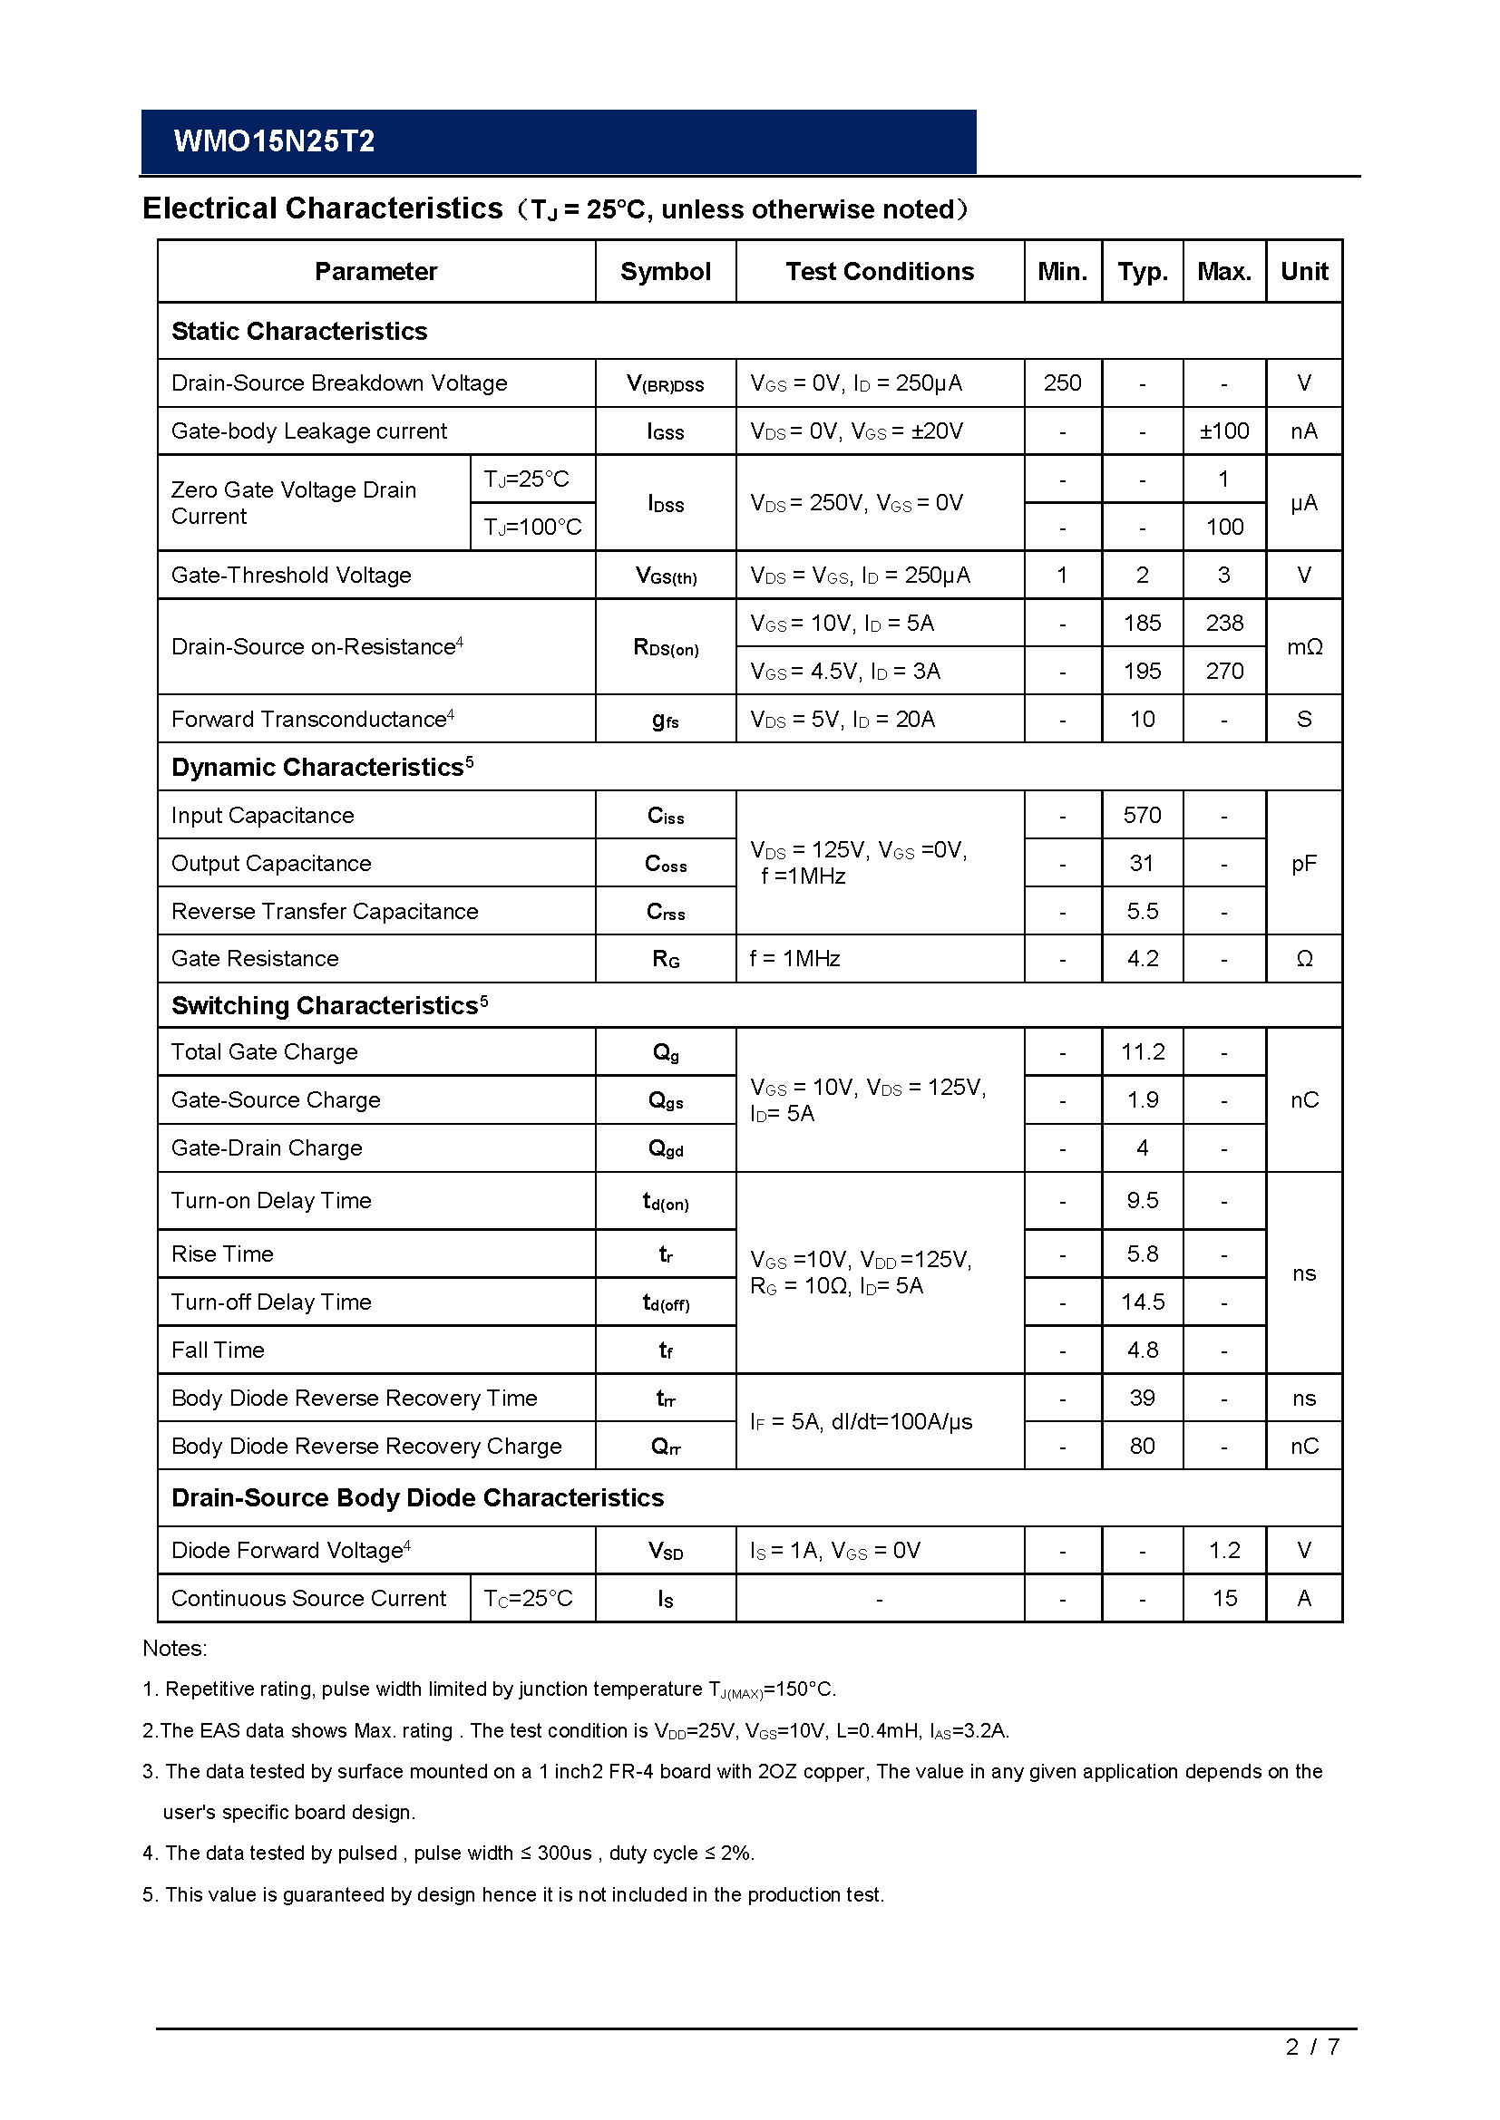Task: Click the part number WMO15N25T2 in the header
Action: click(273, 141)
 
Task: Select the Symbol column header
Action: click(665, 272)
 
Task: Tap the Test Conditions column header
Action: click(880, 272)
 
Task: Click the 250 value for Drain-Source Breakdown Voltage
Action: click(1062, 383)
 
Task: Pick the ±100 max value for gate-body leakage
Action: click(1223, 431)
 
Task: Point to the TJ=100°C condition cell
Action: click(533, 528)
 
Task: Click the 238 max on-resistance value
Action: click(1223, 624)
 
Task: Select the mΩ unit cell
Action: click(1304, 647)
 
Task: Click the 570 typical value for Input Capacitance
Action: click(1142, 816)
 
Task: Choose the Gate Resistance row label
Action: click(255, 958)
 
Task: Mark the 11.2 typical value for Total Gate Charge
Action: click(1143, 1051)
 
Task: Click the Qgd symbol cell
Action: click(665, 1148)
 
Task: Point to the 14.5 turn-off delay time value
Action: click(1143, 1302)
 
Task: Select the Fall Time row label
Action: click(218, 1350)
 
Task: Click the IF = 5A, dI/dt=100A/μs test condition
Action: click(861, 1421)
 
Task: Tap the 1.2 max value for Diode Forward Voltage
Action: click(1223, 1550)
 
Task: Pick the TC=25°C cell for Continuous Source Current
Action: click(529, 1598)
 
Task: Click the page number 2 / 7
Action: click(1311, 2073)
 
